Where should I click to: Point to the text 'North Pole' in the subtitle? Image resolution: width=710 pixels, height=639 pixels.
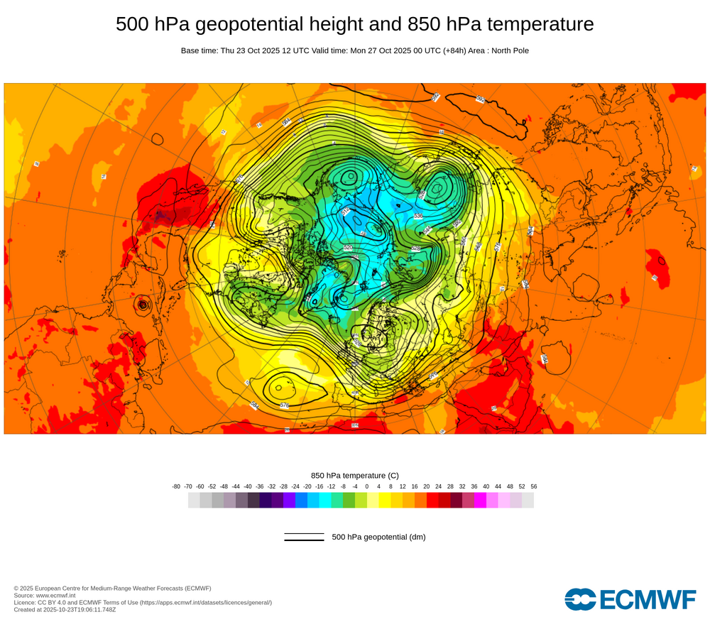[509, 50]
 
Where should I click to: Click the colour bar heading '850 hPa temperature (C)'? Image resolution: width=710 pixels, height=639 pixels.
[355, 475]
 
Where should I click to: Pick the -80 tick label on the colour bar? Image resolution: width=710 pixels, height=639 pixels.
[176, 486]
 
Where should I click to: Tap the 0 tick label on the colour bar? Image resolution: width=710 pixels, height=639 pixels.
[367, 486]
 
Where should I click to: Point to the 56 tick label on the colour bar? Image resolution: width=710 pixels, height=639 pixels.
[534, 486]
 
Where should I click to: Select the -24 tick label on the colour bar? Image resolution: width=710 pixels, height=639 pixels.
[295, 486]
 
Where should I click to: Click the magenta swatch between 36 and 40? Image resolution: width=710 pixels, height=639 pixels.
[480, 501]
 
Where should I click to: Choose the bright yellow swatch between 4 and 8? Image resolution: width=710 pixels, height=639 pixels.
[385, 501]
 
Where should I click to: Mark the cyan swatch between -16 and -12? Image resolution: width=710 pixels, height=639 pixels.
[325, 501]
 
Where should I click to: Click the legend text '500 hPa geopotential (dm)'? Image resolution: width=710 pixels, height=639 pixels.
[378, 537]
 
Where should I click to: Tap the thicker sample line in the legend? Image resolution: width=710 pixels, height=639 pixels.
[304, 540]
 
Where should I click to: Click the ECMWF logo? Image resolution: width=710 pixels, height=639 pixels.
[630, 599]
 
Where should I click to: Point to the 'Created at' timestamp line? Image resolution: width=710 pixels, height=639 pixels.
[65, 609]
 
